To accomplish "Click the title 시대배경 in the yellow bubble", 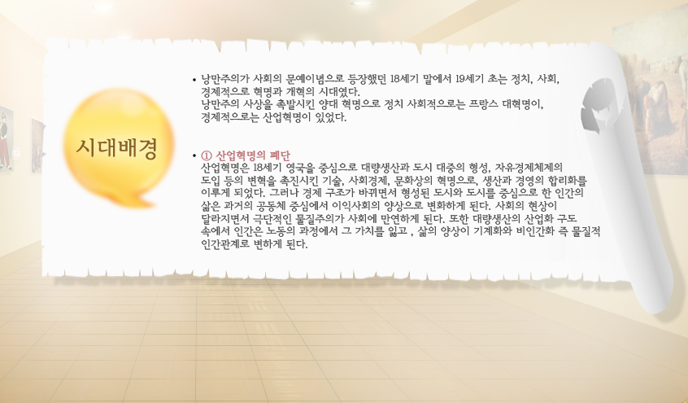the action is point(117,148).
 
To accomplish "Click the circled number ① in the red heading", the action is point(207,156).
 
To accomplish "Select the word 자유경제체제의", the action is point(529,168).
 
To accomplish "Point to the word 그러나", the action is point(280,193).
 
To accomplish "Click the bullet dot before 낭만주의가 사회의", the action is point(194,80).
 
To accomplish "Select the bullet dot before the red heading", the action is point(194,156).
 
